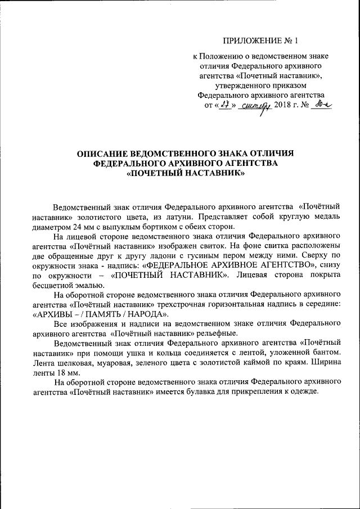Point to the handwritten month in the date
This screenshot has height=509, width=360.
click(x=254, y=106)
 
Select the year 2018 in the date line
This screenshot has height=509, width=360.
click(x=283, y=105)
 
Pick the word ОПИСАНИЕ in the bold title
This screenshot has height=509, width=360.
click(x=102, y=154)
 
